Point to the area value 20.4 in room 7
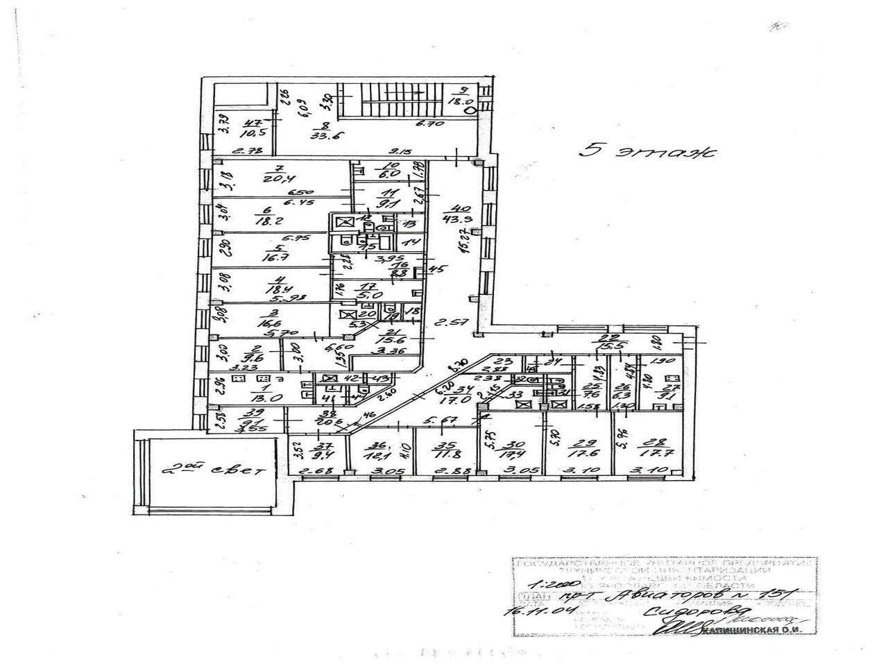coord(275,178)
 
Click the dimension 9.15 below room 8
coord(398,150)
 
